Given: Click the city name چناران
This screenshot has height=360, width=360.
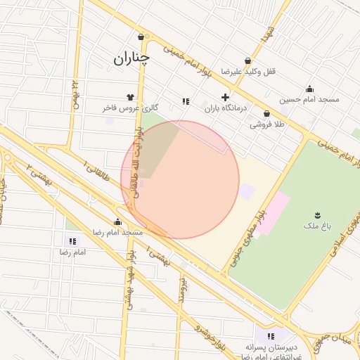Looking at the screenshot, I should [131, 58].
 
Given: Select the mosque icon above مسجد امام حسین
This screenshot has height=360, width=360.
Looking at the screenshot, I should [309, 89].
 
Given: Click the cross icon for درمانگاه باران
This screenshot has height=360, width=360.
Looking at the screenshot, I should [225, 97].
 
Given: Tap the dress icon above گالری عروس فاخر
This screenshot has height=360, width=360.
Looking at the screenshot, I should [129, 97].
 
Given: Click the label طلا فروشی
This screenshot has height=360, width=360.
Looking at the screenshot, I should [267, 124].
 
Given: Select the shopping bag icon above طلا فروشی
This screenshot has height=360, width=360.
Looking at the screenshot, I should [266, 113].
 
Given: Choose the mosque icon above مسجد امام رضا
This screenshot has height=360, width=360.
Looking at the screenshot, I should [117, 221].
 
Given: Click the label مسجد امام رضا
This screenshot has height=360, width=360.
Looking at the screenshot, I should [118, 232].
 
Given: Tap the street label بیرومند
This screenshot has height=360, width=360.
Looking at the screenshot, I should [182, 288].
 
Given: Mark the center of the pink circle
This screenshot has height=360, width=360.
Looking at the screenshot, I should [180, 179].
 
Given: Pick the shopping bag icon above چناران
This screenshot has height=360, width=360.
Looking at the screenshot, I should [141, 37].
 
